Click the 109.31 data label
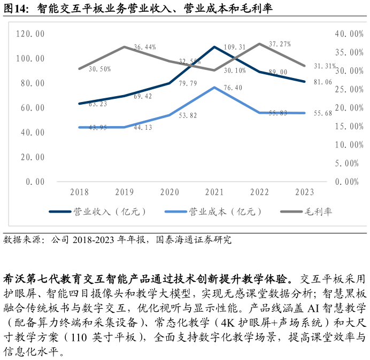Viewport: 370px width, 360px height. (235, 48)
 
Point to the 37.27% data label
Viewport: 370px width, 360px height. (280, 44)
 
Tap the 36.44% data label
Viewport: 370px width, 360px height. (145, 48)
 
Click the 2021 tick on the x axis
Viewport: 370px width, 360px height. (214, 192)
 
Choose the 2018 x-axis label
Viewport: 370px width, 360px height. (79, 192)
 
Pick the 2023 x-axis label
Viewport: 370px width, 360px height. (304, 192)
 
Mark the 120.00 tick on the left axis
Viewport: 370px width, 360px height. (30, 34)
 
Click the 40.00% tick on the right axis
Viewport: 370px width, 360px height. (349, 34)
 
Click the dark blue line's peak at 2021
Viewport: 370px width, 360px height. (214, 47)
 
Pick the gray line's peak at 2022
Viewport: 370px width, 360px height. (259, 44)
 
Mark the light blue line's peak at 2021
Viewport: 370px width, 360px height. (214, 87)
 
